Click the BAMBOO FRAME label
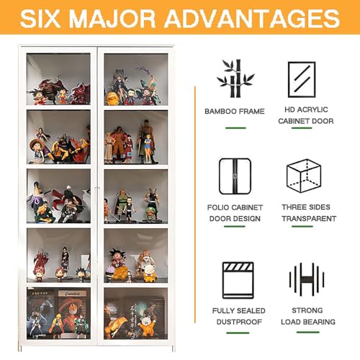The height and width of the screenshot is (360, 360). (234, 112)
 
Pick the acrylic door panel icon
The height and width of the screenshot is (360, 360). (302, 79)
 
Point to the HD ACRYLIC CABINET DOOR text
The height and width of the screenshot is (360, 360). (306, 116)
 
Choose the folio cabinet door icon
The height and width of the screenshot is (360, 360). (234, 176)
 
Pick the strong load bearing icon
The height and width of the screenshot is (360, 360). (306, 279)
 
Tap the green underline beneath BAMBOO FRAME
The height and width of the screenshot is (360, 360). (235, 127)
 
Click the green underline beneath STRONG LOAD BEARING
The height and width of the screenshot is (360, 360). (308, 332)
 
